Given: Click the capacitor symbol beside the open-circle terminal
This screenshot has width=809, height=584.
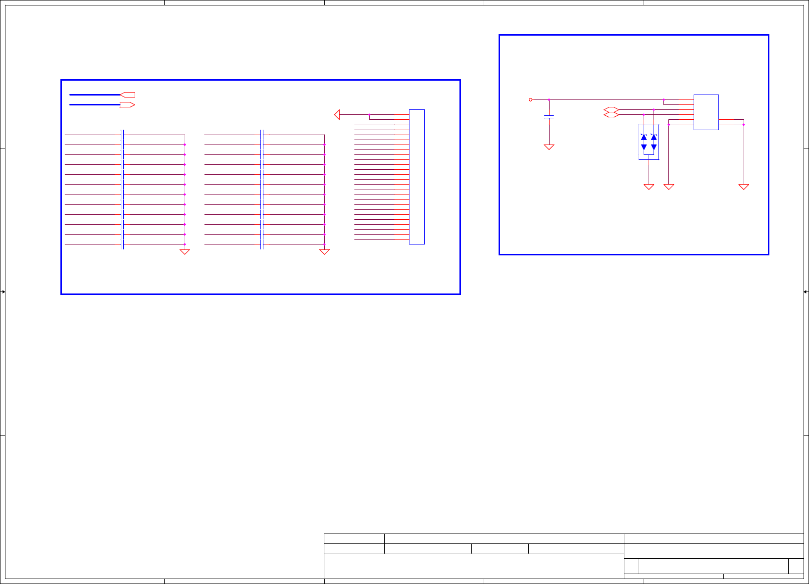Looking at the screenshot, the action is coord(549,117).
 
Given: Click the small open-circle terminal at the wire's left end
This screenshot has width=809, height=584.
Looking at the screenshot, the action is coord(531,99).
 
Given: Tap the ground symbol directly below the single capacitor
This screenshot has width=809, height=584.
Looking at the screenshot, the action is coord(549,147).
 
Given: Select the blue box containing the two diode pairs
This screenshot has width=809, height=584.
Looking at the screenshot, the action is coord(649,142).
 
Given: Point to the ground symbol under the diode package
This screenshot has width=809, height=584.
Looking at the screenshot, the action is coord(649,187).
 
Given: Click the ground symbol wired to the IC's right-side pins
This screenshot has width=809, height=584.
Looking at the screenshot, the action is coord(743,187).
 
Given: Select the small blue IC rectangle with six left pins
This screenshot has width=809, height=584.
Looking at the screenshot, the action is coord(706,112).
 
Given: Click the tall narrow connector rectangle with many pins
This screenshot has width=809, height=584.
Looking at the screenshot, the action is coord(417,177).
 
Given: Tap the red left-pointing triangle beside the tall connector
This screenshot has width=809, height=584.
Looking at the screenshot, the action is coord(337,115).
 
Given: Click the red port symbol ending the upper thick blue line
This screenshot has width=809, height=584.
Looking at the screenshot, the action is coord(128,95).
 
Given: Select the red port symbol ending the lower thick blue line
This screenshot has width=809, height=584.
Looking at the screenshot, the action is coord(127,105).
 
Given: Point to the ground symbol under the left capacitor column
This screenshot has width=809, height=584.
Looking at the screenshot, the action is coord(185,252).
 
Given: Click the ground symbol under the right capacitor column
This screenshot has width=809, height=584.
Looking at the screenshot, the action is coord(324,252).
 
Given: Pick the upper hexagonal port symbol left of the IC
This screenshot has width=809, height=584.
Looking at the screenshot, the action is coord(611,109).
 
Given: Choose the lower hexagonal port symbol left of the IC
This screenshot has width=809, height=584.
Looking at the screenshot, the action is coord(611,115).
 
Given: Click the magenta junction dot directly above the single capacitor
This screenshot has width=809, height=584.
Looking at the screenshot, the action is coord(549,99).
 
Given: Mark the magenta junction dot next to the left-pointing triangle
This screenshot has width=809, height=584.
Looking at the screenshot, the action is coord(369,115).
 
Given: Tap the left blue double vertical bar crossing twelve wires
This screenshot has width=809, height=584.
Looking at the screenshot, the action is coord(122,190).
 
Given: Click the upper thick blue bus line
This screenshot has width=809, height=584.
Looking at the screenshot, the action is coord(95,95).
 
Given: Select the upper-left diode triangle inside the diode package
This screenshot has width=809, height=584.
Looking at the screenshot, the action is coord(644,137).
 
